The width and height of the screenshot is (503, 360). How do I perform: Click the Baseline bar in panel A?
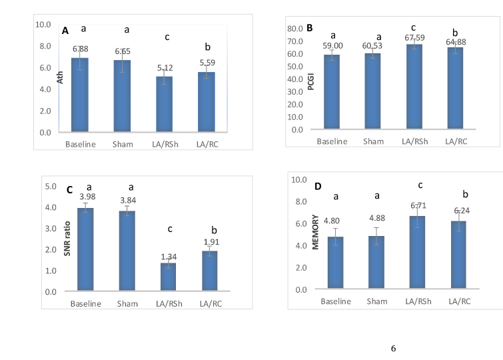(x=80, y=95)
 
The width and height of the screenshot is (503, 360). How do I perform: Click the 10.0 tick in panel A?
(x=43, y=24)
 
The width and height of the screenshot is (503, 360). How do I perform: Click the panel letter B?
(x=310, y=28)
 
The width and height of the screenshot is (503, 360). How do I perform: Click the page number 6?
(x=393, y=348)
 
